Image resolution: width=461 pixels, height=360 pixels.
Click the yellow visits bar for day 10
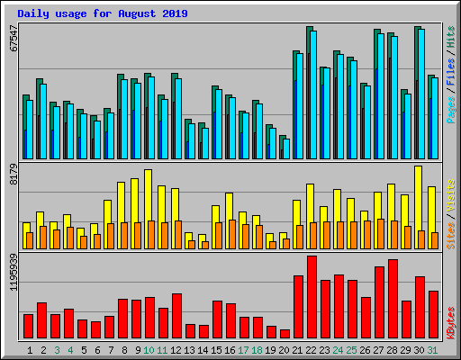point(148,209)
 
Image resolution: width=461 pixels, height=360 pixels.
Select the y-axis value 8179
point(13,173)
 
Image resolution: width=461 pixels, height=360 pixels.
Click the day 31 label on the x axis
point(433,349)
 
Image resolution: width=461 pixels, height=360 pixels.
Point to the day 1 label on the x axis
point(30,349)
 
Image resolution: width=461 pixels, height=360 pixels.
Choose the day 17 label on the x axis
point(244,349)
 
